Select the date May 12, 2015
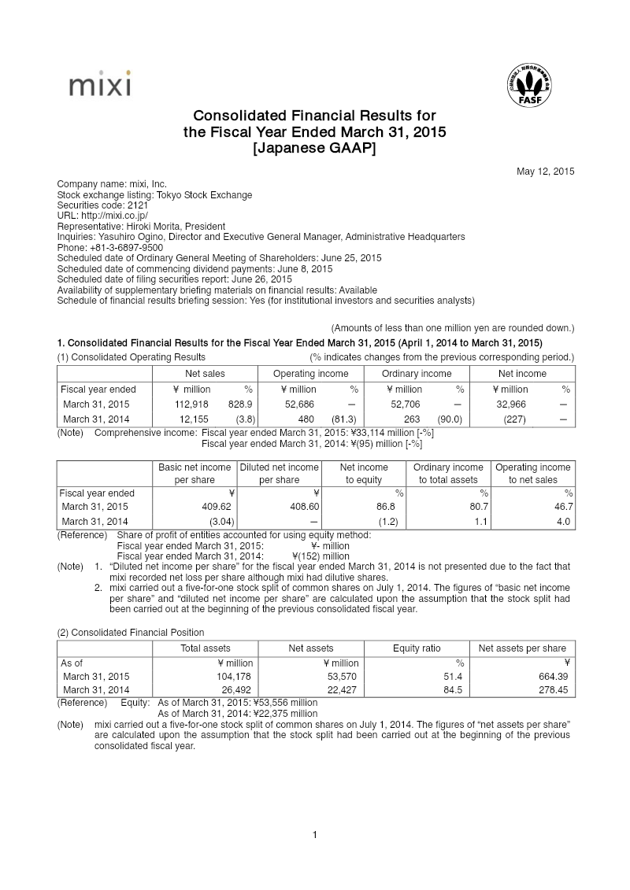[x=545, y=172]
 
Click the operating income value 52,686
[x=298, y=404]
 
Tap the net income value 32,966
[x=512, y=404]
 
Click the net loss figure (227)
[x=514, y=419]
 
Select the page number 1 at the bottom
[x=315, y=835]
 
